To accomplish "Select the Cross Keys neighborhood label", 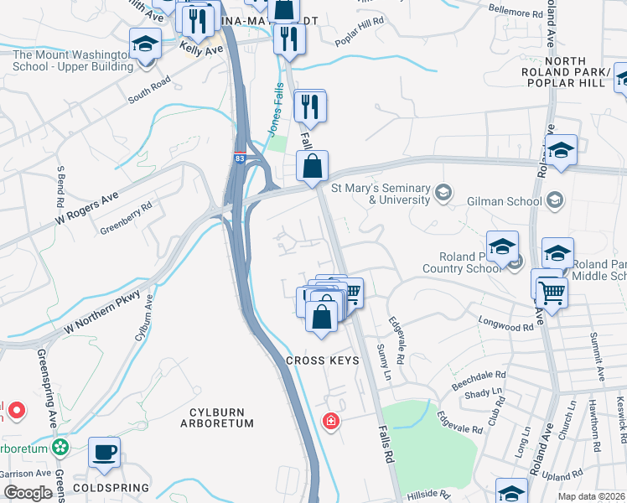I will (x=323, y=360).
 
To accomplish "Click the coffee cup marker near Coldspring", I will (x=105, y=454).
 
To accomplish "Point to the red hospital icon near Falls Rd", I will (x=332, y=419).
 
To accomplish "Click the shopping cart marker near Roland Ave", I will (x=552, y=292).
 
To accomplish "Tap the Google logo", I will (x=28, y=493).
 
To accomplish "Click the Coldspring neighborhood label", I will (x=111, y=487).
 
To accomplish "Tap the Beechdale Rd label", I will (x=479, y=376).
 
